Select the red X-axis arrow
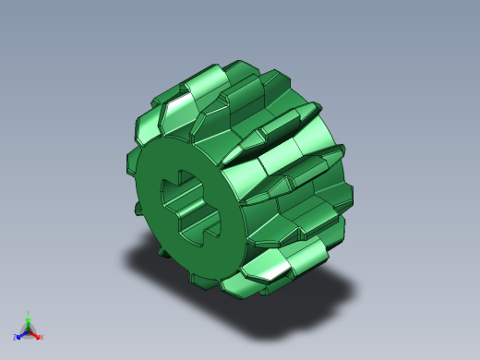36,334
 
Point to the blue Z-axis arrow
20,335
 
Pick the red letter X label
42,337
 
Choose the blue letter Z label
15,338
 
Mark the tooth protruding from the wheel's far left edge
132,161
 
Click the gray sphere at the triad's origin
28,330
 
